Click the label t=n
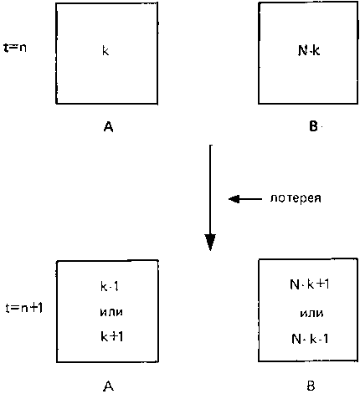coord(15,48)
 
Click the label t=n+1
coord(24,308)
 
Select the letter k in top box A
coord(105,51)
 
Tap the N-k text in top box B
coord(309,51)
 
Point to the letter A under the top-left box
coord(108,127)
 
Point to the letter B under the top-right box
coord(313,126)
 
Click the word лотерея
coord(296,198)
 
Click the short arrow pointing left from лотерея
coord(245,199)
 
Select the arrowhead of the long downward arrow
coord(210,242)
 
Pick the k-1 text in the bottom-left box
coord(110,286)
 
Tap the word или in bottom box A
coord(111,312)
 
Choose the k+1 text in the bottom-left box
coord(111,336)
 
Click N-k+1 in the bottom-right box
coord(310,284)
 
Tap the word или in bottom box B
coord(311,313)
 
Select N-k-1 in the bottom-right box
coord(310,339)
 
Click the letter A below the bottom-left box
coord(108,386)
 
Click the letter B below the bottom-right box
coord(311,386)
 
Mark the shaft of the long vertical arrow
coord(210,190)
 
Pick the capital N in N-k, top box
coord(302,51)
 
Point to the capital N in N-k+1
coord(295,284)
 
